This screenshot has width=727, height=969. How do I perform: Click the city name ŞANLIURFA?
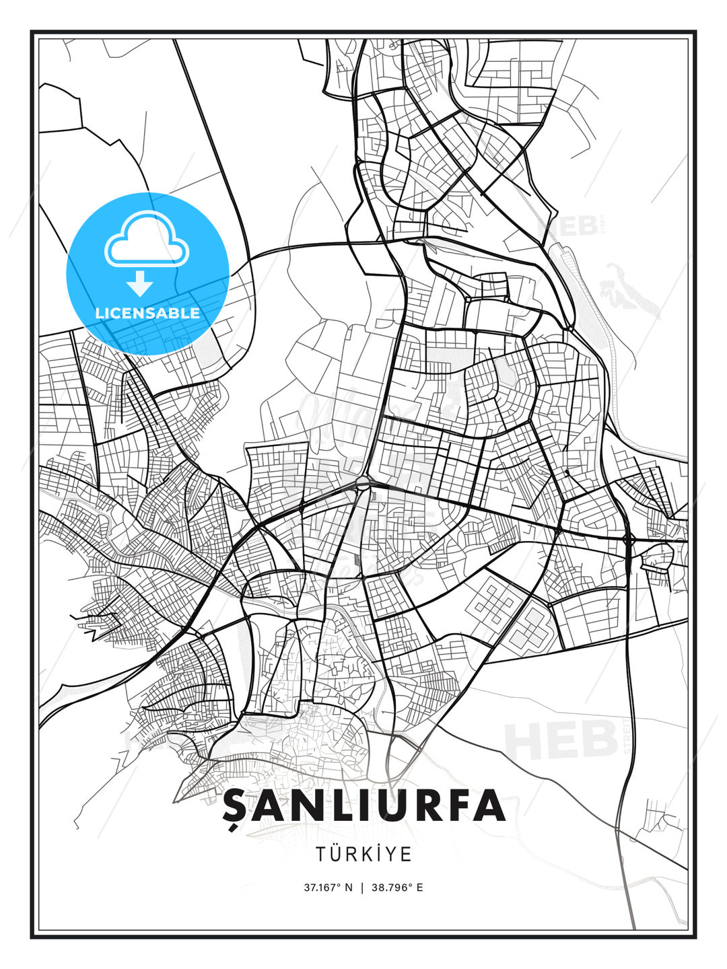tap(363, 805)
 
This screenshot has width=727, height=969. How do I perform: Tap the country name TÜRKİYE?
tap(363, 854)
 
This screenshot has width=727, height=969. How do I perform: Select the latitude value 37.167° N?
tap(328, 888)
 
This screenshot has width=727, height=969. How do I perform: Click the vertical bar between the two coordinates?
tap(363, 888)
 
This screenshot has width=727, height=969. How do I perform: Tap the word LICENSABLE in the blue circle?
tap(147, 313)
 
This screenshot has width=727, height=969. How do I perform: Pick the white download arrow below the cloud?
tap(140, 283)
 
